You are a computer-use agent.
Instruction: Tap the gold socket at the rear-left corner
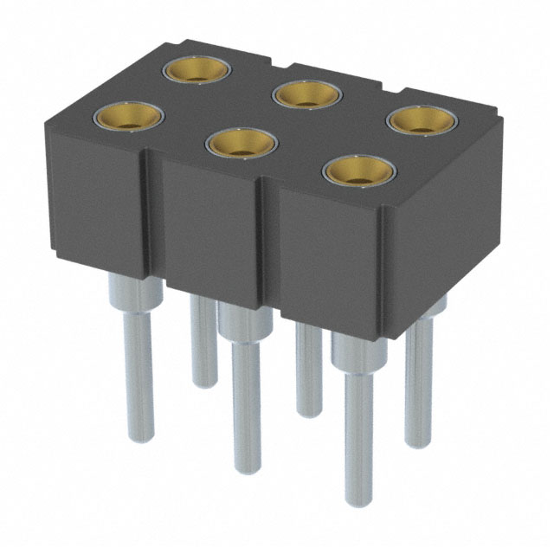coord(196,69)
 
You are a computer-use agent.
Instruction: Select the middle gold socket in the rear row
coord(306,93)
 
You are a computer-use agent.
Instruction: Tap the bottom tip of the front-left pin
coord(138,436)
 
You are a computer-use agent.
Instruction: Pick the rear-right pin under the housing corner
coord(418,381)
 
